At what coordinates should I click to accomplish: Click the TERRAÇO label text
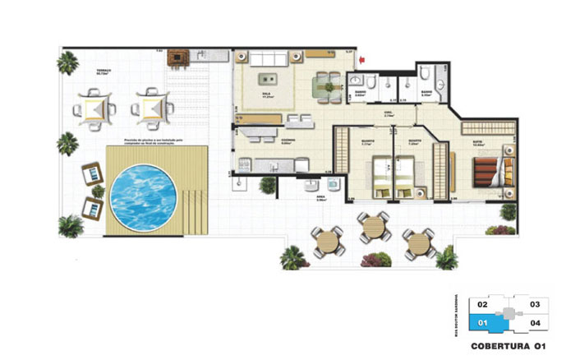[x=103, y=71]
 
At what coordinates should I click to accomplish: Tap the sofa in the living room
[x=269, y=59]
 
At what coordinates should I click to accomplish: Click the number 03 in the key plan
[x=534, y=304]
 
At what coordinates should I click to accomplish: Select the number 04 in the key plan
[x=534, y=322]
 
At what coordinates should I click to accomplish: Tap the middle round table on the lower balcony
[x=374, y=224]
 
